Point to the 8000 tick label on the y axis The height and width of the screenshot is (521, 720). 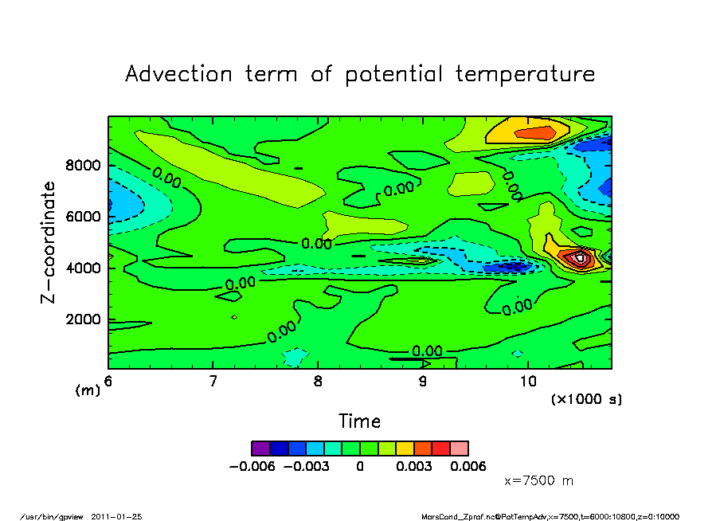click(84, 166)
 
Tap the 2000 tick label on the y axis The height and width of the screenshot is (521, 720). click(84, 319)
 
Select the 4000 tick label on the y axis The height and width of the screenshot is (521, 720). click(84, 268)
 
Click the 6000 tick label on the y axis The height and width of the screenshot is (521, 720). click(84, 217)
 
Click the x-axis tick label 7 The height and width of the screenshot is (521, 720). click(213, 382)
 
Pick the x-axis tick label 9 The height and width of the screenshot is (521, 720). click(422, 382)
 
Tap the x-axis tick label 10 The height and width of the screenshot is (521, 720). click(527, 382)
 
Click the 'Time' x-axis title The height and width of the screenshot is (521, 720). click(359, 421)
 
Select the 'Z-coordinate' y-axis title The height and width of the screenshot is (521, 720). click(49, 242)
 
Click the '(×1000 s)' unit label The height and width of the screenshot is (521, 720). click(586, 398)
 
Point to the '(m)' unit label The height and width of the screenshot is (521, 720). click(87, 390)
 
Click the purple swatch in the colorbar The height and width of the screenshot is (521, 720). click(260, 449)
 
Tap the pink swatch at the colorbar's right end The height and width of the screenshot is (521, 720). click(460, 449)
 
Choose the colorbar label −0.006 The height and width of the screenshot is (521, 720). click(252, 467)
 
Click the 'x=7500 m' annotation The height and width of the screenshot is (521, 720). click(539, 481)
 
